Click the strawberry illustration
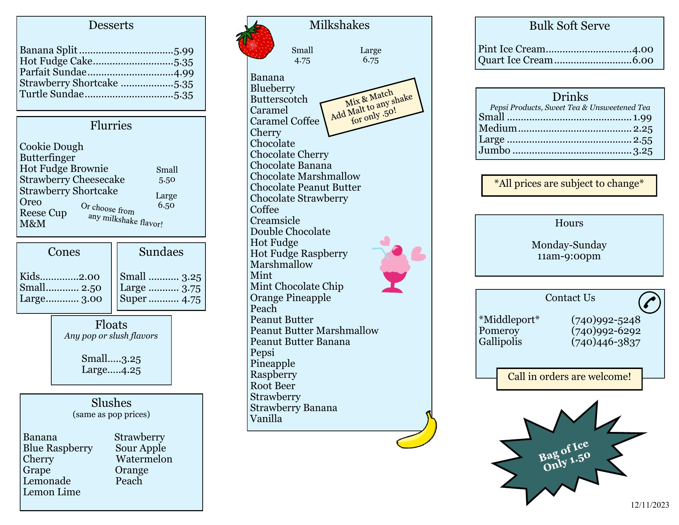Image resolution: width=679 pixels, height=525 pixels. (x=255, y=41)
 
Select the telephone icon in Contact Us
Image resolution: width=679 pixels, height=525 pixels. (x=649, y=302)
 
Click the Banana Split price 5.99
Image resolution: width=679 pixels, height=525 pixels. (x=184, y=51)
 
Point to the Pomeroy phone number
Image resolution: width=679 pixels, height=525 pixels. (x=605, y=331)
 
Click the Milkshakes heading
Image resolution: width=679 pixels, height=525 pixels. (x=339, y=25)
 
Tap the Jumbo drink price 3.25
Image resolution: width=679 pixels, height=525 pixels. (x=642, y=151)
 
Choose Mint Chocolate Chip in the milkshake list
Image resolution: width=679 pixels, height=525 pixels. (x=297, y=286)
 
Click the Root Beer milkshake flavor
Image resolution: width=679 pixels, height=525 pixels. (x=272, y=386)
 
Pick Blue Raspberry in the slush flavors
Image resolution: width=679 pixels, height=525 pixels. (x=58, y=448)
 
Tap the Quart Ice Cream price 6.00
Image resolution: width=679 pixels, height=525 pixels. (x=642, y=60)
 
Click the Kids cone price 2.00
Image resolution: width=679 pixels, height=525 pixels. (x=89, y=277)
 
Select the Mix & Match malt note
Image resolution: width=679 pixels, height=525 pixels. (x=371, y=107)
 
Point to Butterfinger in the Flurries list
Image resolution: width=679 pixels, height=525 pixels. (x=47, y=157)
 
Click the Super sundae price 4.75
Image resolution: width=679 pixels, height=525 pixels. (x=191, y=299)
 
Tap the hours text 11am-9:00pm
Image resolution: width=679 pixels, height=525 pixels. (x=569, y=256)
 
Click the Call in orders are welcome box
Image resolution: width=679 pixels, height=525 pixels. (x=569, y=377)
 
